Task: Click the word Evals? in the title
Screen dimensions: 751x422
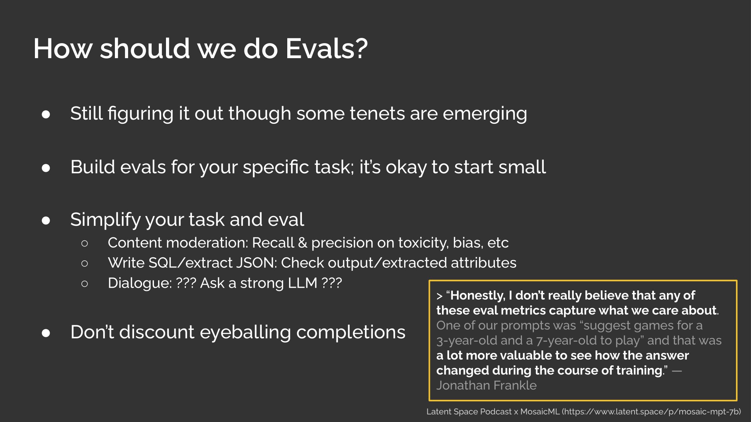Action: click(x=327, y=49)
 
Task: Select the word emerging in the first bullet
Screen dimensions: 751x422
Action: click(x=485, y=114)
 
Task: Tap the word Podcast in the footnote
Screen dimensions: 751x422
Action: click(x=496, y=412)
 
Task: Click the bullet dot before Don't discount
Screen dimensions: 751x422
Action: click(x=46, y=333)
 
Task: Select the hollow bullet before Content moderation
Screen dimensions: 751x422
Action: click(x=84, y=243)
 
